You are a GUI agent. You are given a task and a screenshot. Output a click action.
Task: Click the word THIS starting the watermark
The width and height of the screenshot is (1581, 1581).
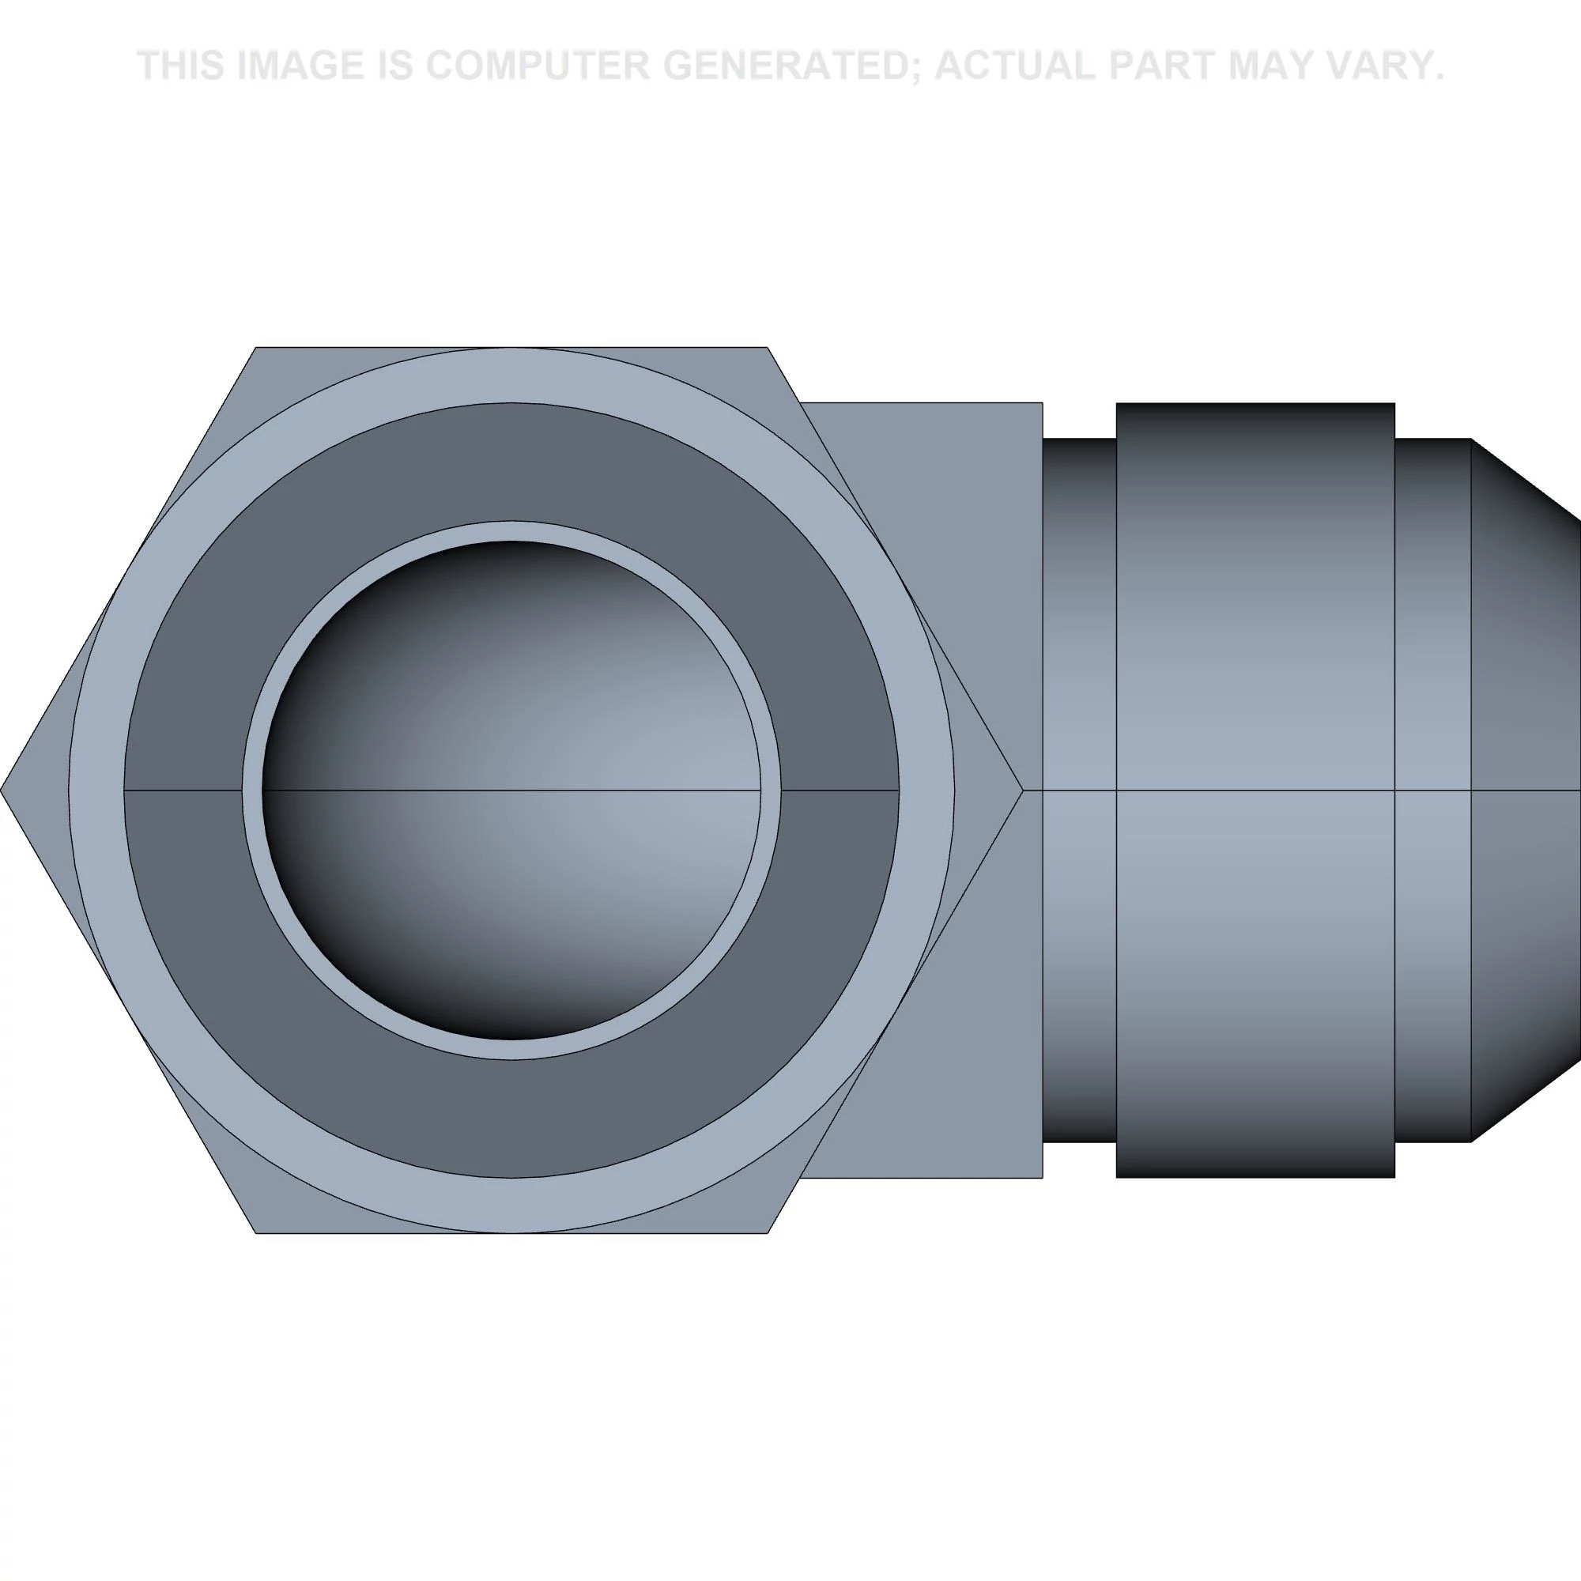181,66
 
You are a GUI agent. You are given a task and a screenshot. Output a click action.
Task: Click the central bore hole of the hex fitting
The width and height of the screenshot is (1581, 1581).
511,790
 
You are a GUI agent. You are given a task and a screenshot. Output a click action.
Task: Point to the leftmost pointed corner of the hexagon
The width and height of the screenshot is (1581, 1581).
2,790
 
